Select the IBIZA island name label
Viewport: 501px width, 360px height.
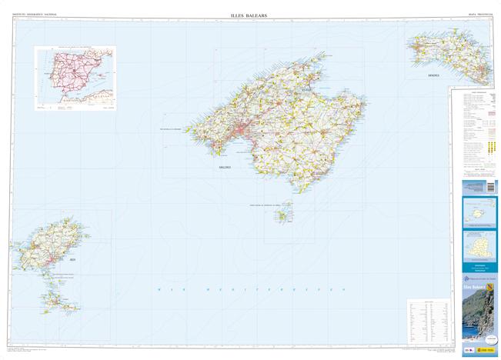click(72, 262)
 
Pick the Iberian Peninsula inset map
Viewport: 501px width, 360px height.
click(75, 78)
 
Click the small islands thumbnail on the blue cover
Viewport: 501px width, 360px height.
click(479, 211)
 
